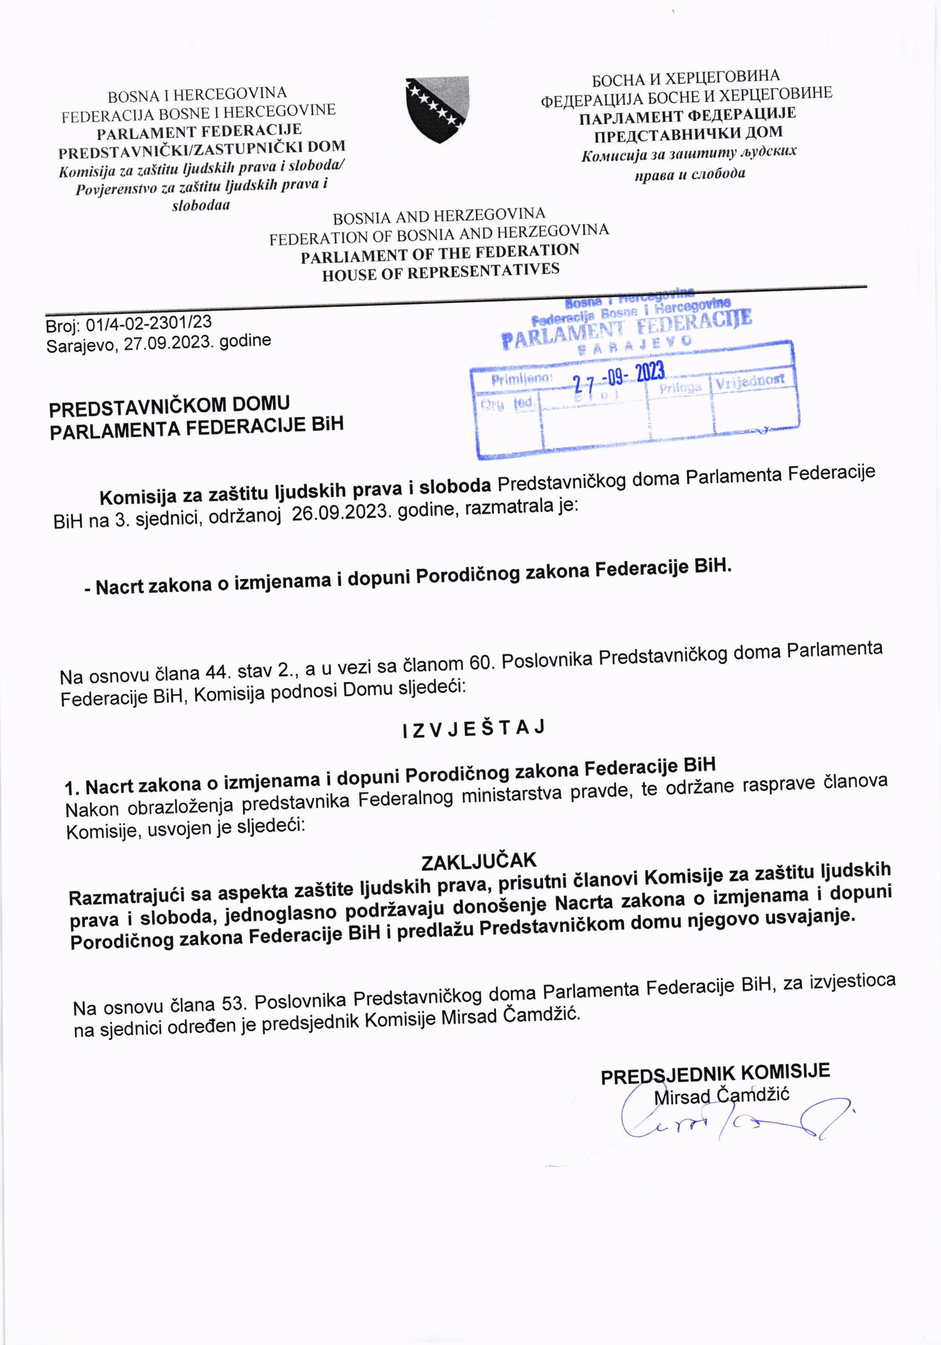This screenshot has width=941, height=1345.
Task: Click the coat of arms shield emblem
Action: click(x=437, y=109)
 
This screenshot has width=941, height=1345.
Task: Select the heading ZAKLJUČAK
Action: click(x=478, y=861)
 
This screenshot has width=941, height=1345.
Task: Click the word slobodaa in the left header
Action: click(x=201, y=205)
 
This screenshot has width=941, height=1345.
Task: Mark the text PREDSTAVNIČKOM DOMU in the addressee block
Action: click(x=169, y=405)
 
